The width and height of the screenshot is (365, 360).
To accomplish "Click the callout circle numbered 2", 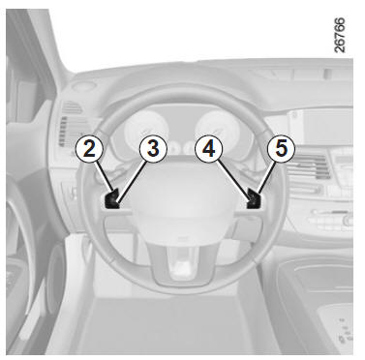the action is coord(89,149).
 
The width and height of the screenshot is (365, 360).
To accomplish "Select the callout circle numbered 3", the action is coord(153,148).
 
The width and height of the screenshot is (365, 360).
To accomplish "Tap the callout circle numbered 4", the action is coord(209,149).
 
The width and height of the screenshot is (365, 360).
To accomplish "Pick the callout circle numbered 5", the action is coord(281,148).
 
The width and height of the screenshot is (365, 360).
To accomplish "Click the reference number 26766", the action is coord(340,35).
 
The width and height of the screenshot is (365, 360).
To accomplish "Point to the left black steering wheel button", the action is coord(112,200).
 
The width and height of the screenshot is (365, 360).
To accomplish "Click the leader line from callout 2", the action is coord(105,177).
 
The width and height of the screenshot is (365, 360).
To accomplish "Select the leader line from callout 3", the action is coord(133,182).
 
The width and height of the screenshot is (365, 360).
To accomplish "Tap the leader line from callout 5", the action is coord(266,178).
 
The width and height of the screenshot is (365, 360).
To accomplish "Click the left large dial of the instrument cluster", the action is coord(147,131).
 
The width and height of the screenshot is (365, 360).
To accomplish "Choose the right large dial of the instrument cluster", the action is coord(218,130).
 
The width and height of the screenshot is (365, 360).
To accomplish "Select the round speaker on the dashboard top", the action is coord(83,86).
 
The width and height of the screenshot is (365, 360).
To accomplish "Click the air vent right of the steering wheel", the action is coord(307,166).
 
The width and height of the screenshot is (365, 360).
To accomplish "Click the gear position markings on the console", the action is coord(344,332).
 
